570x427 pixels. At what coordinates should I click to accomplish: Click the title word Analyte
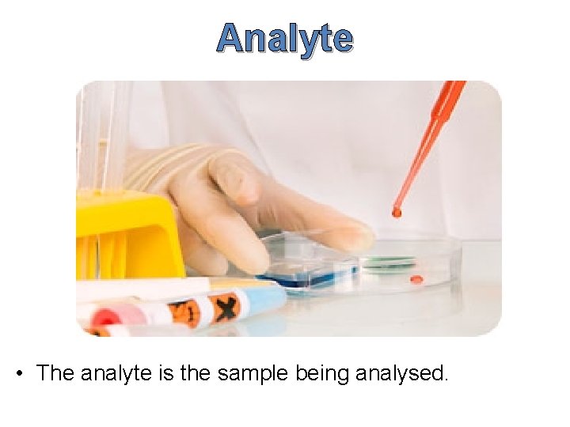coord(285,37)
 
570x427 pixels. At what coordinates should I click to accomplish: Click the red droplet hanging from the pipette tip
coord(397,211)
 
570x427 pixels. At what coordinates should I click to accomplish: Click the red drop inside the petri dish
coord(416,279)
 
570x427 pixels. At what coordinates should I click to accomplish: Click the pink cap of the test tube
coord(107,317)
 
